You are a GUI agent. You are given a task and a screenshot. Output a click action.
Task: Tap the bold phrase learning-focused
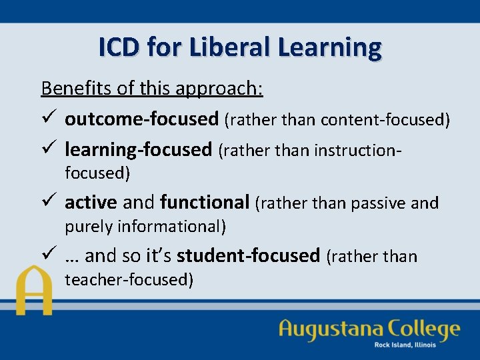click(x=138, y=149)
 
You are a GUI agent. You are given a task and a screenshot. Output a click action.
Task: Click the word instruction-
click(x=354, y=150)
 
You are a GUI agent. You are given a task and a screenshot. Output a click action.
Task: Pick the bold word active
click(x=91, y=201)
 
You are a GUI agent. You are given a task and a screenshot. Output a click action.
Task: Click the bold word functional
click(x=205, y=201)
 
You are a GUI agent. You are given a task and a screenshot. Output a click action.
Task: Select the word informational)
click(x=172, y=227)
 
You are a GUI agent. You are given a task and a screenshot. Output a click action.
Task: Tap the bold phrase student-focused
click(x=248, y=255)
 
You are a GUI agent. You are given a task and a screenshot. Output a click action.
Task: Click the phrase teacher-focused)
click(x=129, y=280)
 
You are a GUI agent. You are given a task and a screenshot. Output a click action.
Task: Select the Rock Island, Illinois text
click(x=405, y=345)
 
